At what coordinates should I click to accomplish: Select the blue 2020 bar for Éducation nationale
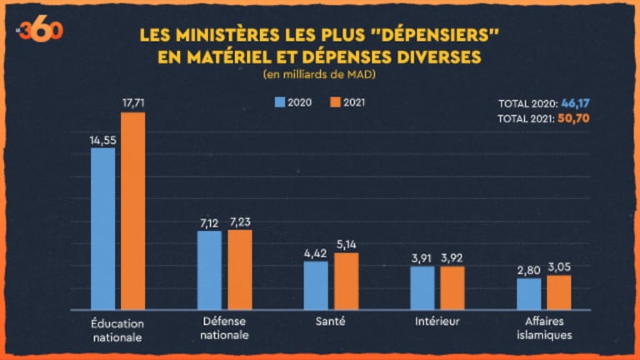(102, 227)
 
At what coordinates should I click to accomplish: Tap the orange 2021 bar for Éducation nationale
(133, 210)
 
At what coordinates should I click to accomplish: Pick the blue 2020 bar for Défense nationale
(209, 268)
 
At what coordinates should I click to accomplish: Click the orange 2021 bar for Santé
(347, 280)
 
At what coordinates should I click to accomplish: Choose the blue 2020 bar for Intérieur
(422, 287)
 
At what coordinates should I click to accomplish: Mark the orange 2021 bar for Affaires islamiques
(559, 292)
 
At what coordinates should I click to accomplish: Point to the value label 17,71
(133, 103)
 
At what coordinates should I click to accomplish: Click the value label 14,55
(102, 139)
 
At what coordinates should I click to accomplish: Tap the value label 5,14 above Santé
(347, 244)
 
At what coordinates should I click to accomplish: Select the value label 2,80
(528, 270)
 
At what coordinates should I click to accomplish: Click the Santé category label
(331, 321)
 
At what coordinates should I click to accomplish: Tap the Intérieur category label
(437, 321)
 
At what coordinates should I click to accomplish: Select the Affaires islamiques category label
(544, 327)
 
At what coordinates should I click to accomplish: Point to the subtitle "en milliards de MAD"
(319, 76)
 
